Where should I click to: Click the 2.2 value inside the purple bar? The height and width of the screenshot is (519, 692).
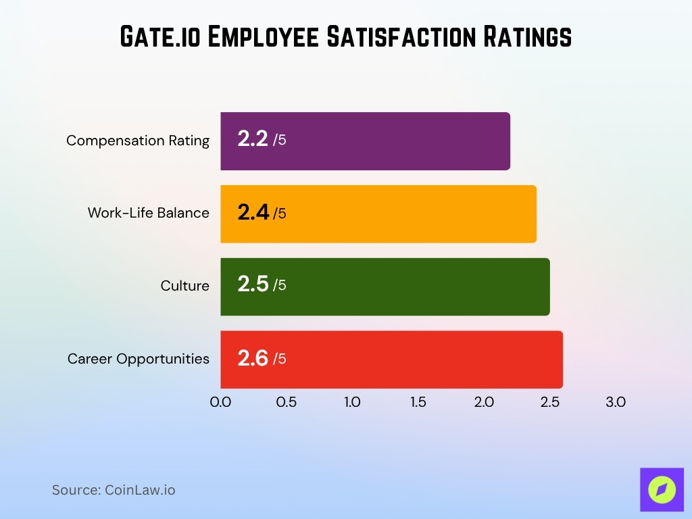pyautogui.click(x=253, y=140)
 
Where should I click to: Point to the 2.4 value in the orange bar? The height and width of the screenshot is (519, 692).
pyautogui.click(x=253, y=213)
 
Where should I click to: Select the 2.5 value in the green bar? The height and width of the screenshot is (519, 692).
pyautogui.click(x=253, y=285)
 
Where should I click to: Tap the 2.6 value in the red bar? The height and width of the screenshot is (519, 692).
pyautogui.click(x=253, y=358)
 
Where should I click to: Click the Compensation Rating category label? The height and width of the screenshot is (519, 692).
pyautogui.click(x=138, y=141)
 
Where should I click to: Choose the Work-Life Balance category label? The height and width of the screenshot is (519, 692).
pyautogui.click(x=148, y=213)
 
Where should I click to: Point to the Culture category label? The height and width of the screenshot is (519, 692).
pyautogui.click(x=184, y=286)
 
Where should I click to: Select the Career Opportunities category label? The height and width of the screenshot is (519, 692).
pyautogui.click(x=139, y=359)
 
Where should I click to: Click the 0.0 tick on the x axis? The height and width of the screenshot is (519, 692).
pyautogui.click(x=220, y=402)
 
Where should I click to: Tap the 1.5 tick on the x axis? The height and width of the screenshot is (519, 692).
pyautogui.click(x=418, y=402)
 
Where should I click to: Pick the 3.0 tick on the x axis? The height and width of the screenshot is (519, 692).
pyautogui.click(x=616, y=402)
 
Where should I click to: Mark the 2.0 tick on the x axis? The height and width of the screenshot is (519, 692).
pyautogui.click(x=484, y=402)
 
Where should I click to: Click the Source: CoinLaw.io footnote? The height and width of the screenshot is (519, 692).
pyautogui.click(x=114, y=490)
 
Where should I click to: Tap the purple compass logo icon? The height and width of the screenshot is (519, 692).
pyautogui.click(x=662, y=490)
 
